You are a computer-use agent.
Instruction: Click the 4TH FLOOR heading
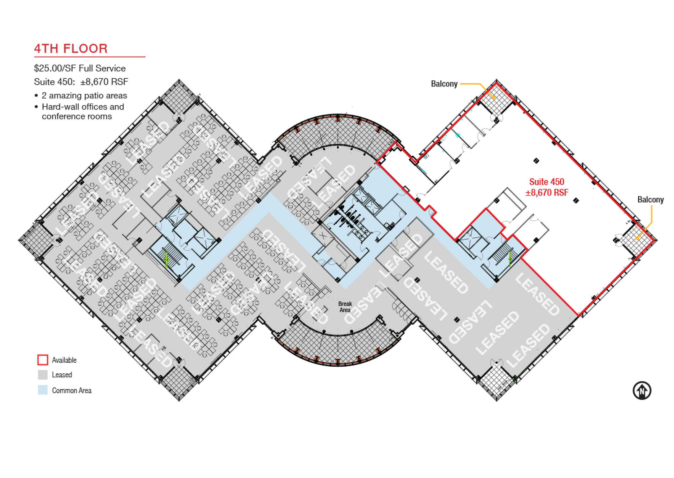pyautogui.click(x=71, y=49)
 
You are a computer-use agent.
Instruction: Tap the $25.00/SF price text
pyautogui.click(x=56, y=68)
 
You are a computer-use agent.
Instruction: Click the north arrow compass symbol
pyautogui.click(x=642, y=391)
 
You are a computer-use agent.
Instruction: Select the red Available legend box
pyautogui.click(x=43, y=360)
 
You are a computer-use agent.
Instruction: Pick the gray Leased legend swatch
pyautogui.click(x=43, y=375)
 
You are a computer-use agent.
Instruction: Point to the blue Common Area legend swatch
pyautogui.click(x=43, y=390)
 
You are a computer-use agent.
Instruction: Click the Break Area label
pyautogui.click(x=345, y=307)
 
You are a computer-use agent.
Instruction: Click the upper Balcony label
pyautogui.click(x=444, y=84)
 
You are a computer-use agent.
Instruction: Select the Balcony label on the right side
pyautogui.click(x=650, y=200)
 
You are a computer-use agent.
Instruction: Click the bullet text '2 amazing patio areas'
pyautogui.click(x=84, y=96)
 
